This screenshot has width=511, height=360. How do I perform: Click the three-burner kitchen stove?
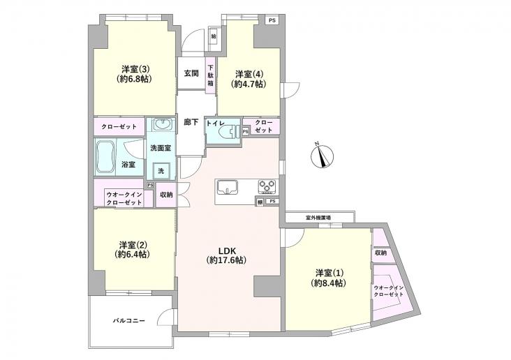pos(267,186)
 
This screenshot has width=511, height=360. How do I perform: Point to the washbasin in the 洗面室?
pos(162,126)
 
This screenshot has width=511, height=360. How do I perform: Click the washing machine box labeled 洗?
pos(161,171)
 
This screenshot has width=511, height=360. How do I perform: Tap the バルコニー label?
pos(129,322)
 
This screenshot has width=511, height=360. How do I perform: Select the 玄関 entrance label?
pos(191,73)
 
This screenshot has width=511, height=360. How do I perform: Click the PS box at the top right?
pos(272,20)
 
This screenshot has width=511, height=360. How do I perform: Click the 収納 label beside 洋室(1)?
pos(380,253)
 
